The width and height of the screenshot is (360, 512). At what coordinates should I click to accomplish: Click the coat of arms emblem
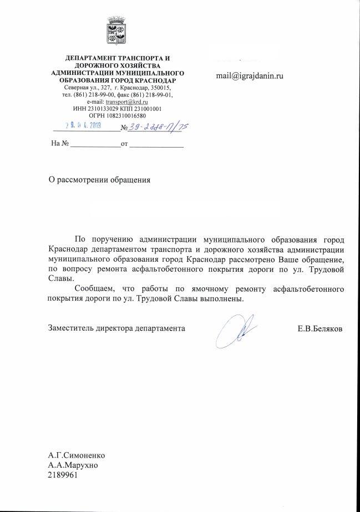[x=117, y=31]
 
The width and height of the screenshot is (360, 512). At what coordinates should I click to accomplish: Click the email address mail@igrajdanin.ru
[x=250, y=75]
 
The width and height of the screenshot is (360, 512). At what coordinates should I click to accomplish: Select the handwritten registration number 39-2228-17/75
[x=159, y=128]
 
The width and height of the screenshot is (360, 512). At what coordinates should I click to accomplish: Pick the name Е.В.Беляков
[x=320, y=328]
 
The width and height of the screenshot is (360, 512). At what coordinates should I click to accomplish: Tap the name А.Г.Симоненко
[x=77, y=455]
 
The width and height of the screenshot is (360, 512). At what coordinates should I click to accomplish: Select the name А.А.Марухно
[x=74, y=465]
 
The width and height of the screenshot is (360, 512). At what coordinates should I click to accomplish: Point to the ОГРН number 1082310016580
[x=129, y=115]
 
